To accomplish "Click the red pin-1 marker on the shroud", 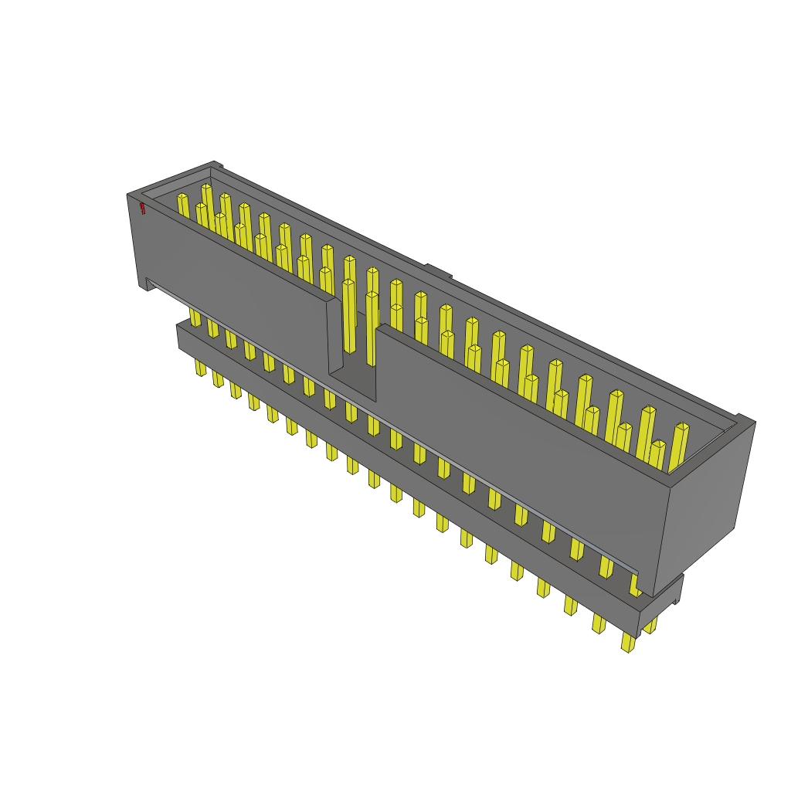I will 142,208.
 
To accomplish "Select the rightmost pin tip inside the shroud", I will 682,427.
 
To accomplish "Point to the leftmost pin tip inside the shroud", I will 182,198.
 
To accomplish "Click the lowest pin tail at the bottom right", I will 628,643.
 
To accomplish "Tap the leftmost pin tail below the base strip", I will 200,368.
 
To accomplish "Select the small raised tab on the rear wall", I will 438,270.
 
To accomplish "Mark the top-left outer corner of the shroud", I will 128,195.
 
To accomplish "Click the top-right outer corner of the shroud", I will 754,422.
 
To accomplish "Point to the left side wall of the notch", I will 334,336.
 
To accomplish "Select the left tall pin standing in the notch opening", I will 349,317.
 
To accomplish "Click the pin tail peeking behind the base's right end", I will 650,625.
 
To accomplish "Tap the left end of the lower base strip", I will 179,336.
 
